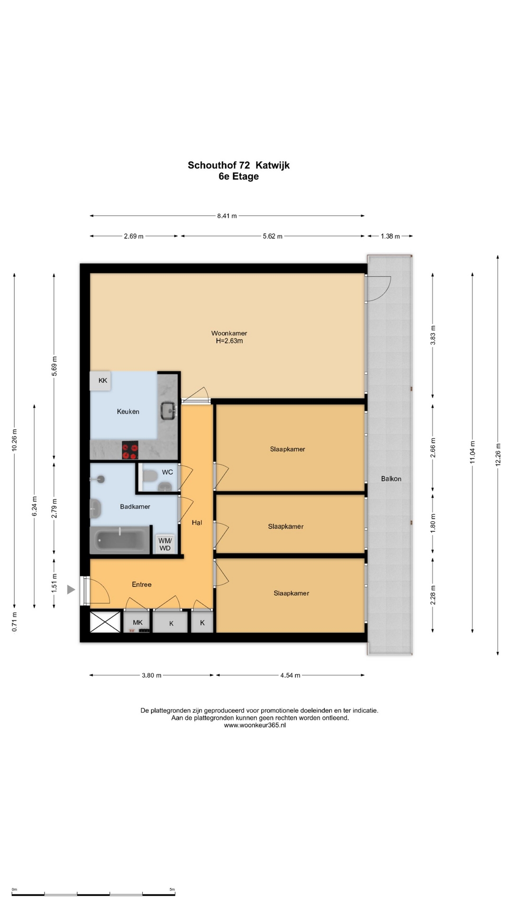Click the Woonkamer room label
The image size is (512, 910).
pyautogui.click(x=229, y=333)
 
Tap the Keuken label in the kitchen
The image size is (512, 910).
pyautogui.click(x=128, y=411)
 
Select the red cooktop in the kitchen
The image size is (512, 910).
pyautogui.click(x=130, y=450)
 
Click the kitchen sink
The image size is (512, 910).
pyautogui.click(x=168, y=410)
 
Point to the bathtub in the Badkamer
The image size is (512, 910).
pyautogui.click(x=120, y=540)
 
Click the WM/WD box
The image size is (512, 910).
pyautogui.click(x=165, y=544)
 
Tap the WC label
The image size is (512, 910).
pyautogui.click(x=167, y=472)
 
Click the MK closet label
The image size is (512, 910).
pyautogui.click(x=137, y=622)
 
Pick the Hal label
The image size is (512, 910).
pyautogui.click(x=197, y=522)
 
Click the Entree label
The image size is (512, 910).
pyautogui.click(x=142, y=584)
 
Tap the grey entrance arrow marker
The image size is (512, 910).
pyautogui.click(x=71, y=590)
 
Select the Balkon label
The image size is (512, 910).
pyautogui.click(x=391, y=479)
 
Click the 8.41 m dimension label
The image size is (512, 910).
pyautogui.click(x=227, y=216)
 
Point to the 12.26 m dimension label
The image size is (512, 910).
pyautogui.click(x=498, y=455)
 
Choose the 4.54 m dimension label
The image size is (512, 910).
pyautogui.click(x=290, y=675)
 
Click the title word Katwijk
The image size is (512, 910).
pyautogui.click(x=273, y=165)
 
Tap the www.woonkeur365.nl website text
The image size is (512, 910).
pyautogui.click(x=255, y=725)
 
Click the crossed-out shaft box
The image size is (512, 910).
pyautogui.click(x=105, y=622)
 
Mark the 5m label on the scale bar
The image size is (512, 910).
pyautogui.click(x=172, y=889)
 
